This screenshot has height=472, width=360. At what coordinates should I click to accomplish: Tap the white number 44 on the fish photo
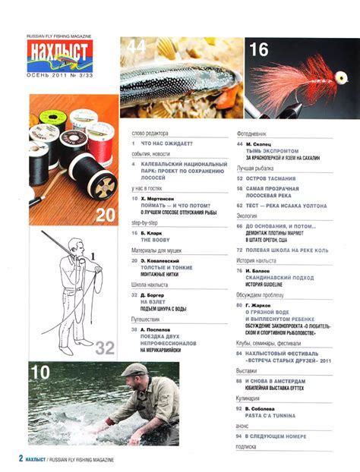pyautogui.click(x=137, y=47)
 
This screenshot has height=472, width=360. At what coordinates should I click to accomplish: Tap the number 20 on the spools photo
pyautogui.click(x=104, y=215)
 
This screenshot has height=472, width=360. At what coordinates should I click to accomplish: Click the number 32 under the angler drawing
pyautogui.click(x=103, y=348)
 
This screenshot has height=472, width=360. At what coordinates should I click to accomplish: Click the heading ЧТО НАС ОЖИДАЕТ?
pyautogui.click(x=167, y=143)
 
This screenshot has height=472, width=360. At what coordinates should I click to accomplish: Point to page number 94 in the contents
pyautogui.click(x=239, y=437)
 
